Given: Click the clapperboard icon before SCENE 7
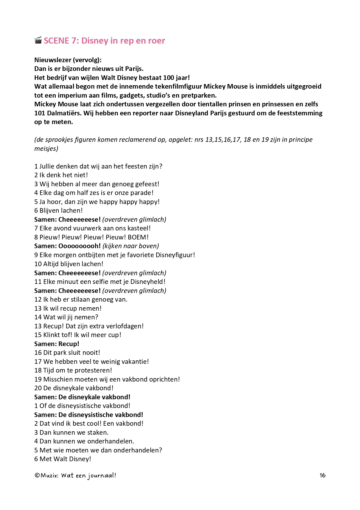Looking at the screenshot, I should click(38, 40).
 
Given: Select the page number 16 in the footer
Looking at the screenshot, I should click(323, 475).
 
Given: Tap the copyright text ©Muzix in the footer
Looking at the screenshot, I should click(46, 475).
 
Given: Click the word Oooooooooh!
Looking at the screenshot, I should click(80, 246).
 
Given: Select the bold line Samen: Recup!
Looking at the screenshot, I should click(57, 344).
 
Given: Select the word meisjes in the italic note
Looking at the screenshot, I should click(45, 148).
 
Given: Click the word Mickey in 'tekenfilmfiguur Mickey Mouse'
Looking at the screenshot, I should click(214, 86).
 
